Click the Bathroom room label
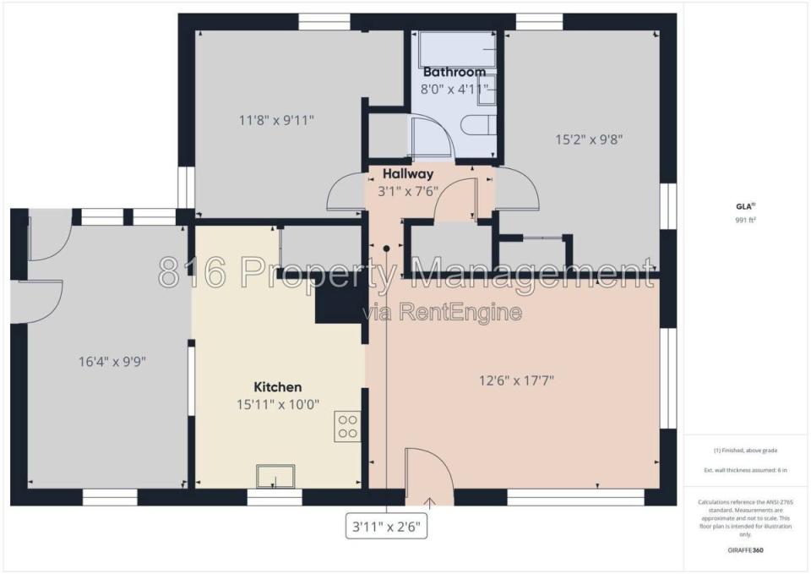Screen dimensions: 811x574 pyautogui.click(x=454, y=71)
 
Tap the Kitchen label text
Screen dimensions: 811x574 pyautogui.click(x=278, y=387)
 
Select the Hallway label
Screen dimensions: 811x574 pyautogui.click(x=408, y=174)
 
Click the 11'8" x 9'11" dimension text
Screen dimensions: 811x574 pyautogui.click(x=276, y=121)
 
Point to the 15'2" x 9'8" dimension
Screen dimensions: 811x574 pyautogui.click(x=589, y=139)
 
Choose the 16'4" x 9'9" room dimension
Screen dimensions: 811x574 pyautogui.click(x=112, y=361)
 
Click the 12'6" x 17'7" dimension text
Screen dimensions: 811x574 pyautogui.click(x=516, y=381)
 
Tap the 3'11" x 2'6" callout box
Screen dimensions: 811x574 pyautogui.click(x=386, y=527)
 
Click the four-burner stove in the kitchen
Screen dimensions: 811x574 pyautogui.click(x=347, y=426)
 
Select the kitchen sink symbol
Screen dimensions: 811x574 pyautogui.click(x=275, y=476)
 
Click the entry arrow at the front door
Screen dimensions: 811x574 pyautogui.click(x=429, y=503)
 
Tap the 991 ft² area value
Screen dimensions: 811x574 pyautogui.click(x=745, y=220)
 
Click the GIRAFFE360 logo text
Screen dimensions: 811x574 pyautogui.click(x=745, y=550)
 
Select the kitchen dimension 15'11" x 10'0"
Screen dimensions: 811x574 pyautogui.click(x=278, y=404)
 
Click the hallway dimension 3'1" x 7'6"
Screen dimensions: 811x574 pyautogui.click(x=408, y=192)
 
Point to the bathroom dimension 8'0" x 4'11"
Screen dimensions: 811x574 pyautogui.click(x=454, y=89)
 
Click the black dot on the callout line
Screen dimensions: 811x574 pyautogui.click(x=386, y=249)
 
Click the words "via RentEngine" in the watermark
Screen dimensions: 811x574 pyautogui.click(x=441, y=312)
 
